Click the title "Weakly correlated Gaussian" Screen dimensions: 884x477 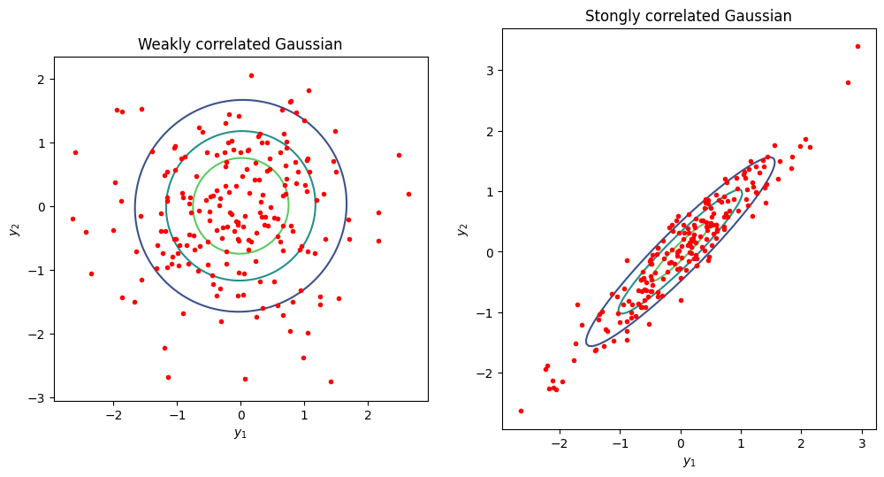click(x=240, y=44)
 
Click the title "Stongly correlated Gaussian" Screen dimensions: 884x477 click(x=688, y=16)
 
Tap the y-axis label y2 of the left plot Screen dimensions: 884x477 click(x=15, y=229)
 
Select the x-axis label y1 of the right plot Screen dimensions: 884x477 click(x=689, y=461)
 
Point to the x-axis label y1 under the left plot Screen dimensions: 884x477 click(x=240, y=433)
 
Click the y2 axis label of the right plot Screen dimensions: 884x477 click(x=463, y=229)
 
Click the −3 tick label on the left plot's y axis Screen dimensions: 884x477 click(x=37, y=398)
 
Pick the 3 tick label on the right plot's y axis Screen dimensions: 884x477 click(x=490, y=71)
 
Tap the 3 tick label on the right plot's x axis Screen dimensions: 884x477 click(x=862, y=443)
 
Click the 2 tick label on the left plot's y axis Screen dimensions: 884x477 click(x=41, y=80)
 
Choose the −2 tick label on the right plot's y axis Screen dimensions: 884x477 click(x=485, y=373)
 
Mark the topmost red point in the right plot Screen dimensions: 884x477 click(x=857, y=46)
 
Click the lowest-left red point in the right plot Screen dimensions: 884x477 click(x=521, y=411)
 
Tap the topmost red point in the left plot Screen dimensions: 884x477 click(x=251, y=75)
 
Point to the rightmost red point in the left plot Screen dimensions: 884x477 click(x=408, y=194)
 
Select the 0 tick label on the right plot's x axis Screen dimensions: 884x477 click(x=681, y=443)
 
